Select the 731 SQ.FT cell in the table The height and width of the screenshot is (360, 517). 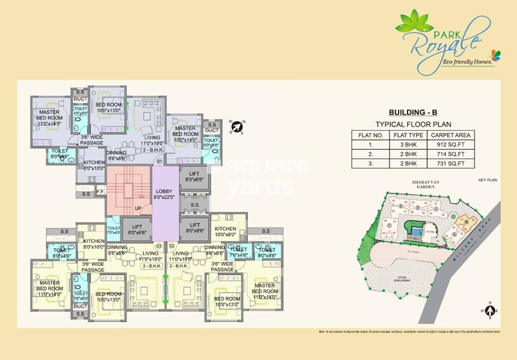(449, 164)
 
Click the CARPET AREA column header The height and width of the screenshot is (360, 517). (449, 134)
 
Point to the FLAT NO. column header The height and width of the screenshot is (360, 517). (370, 134)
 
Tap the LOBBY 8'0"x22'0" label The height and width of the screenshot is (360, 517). (164, 194)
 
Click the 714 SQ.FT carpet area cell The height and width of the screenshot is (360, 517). (449, 154)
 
